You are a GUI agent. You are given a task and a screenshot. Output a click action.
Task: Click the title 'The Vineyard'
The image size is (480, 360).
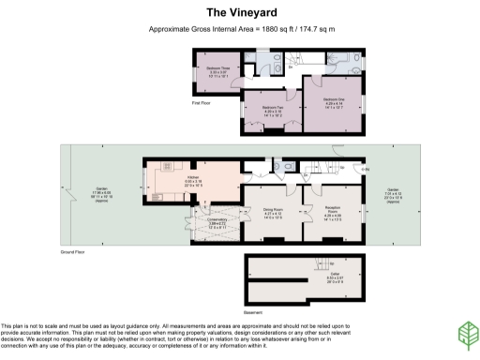click(x=239, y=14)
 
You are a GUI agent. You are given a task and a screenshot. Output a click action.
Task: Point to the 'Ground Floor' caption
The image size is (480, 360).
click(x=73, y=253)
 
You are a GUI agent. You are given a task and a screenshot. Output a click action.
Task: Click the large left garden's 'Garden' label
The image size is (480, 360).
click(x=101, y=187)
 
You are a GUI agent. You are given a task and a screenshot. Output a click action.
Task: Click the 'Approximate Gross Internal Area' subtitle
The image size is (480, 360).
click(x=239, y=31)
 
